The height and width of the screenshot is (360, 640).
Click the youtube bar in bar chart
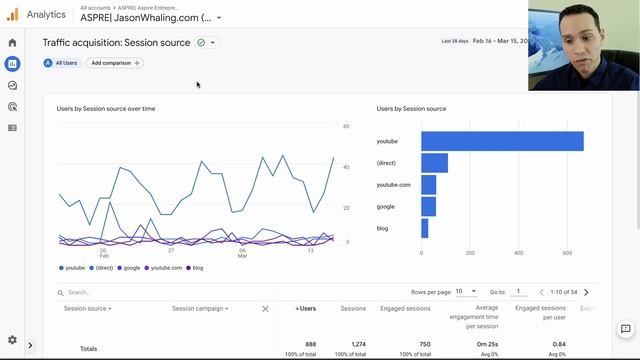[x=501, y=141]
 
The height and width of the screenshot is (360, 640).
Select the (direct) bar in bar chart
[x=434, y=163]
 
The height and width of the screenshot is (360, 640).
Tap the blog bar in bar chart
[x=425, y=228]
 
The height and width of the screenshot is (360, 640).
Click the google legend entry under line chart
[x=130, y=268]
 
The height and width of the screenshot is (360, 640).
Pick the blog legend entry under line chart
[x=194, y=268]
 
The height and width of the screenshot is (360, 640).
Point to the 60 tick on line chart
[x=346, y=127]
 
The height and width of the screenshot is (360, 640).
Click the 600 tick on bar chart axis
[x=567, y=253]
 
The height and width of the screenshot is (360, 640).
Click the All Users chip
[x=62, y=63]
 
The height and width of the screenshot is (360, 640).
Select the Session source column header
[x=87, y=309]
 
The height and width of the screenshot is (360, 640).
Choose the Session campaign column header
[x=199, y=309]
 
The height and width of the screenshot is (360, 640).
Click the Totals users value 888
[x=310, y=344]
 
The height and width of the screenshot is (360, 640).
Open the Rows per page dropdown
[x=466, y=292]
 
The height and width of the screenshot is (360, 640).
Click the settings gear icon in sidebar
[x=12, y=340]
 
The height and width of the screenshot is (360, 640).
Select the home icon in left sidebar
[x=12, y=43]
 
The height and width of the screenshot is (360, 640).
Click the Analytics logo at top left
[x=13, y=14]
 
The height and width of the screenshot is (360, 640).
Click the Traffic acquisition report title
[x=116, y=43]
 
